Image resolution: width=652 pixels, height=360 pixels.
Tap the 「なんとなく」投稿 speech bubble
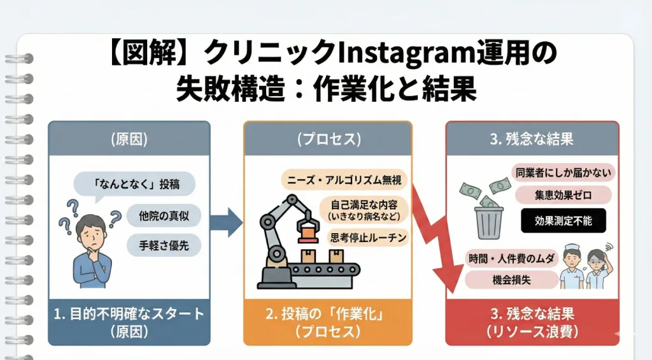tap(135, 185)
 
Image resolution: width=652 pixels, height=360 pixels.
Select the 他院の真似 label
tap(164, 215)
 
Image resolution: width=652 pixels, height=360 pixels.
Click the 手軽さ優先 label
tap(164, 244)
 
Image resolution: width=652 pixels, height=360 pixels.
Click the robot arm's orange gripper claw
tap(309, 227)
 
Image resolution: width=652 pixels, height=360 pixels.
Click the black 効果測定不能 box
tap(563, 220)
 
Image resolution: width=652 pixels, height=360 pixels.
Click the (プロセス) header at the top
tap(327, 139)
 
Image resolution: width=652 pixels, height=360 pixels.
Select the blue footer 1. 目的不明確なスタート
tap(129, 322)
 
